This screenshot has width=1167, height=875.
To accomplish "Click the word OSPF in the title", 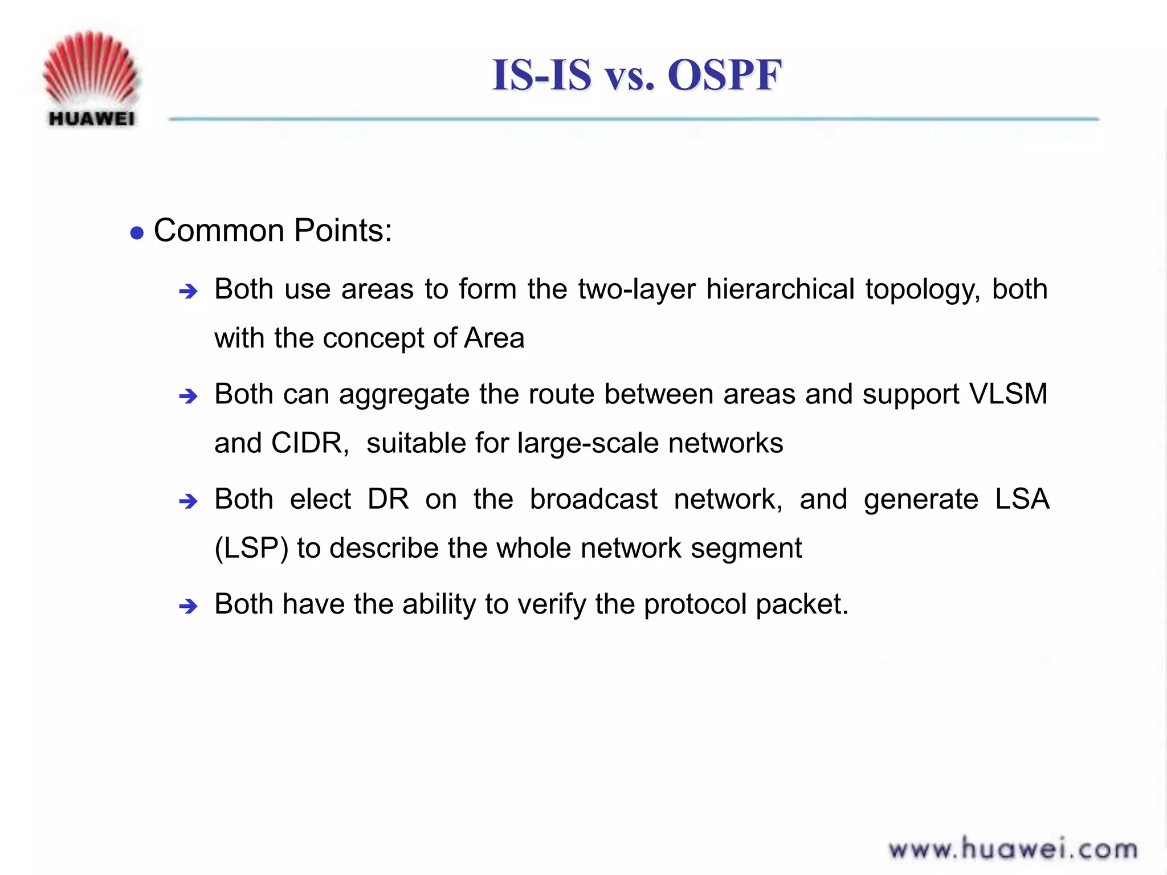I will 724,75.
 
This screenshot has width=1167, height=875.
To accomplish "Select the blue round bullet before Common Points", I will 137,233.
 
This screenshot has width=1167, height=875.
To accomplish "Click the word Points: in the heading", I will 343,231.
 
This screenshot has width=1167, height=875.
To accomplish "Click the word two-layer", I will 636,290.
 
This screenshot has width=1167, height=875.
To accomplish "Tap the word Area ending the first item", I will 494,338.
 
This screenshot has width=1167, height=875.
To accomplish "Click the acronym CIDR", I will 309,443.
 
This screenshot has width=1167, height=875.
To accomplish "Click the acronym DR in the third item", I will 388,499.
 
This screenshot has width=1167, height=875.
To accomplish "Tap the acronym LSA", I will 1022,499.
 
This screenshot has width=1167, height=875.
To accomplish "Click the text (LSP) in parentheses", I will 251,549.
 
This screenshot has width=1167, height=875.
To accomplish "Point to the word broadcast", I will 593,499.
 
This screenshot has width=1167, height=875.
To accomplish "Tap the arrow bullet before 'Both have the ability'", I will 188,606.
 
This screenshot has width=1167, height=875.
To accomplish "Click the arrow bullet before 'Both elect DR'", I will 188,501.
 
